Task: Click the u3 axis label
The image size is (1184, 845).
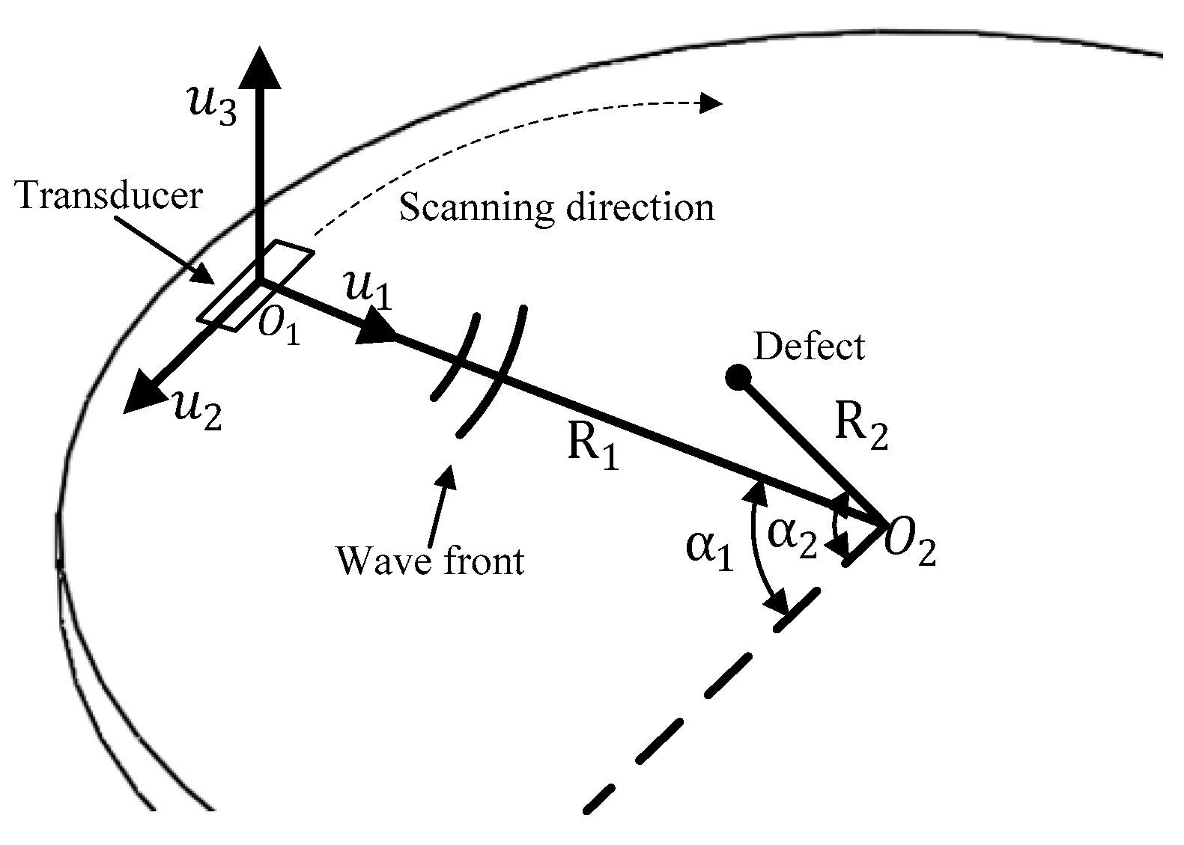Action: pyautogui.click(x=212, y=105)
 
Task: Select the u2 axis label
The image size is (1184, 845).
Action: pyautogui.click(x=196, y=410)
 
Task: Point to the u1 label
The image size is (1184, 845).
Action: pyautogui.click(x=366, y=290)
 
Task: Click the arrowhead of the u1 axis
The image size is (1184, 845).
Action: pyautogui.click(x=377, y=332)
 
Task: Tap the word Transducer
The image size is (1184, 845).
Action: pyautogui.click(x=109, y=196)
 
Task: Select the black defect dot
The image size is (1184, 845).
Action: pyautogui.click(x=738, y=377)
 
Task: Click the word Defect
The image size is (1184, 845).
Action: pyautogui.click(x=809, y=347)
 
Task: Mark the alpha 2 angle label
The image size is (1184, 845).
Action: pyautogui.click(x=792, y=538)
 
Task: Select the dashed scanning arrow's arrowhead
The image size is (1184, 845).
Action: pyautogui.click(x=710, y=103)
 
